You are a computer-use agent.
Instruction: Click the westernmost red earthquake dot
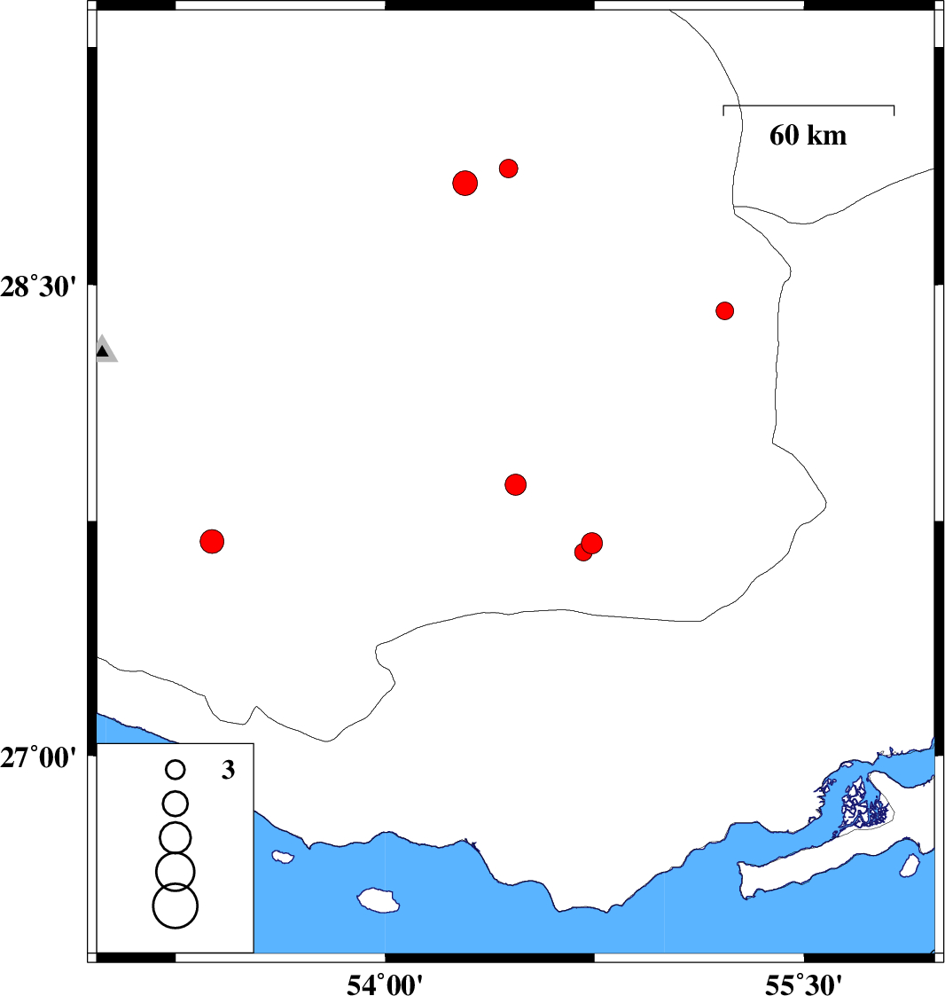pos(212,541)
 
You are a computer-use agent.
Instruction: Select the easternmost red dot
pos(724,310)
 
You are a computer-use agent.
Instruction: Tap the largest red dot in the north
pos(465,183)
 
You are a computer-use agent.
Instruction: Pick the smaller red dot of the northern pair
pos(508,169)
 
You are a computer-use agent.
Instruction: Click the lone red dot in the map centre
pos(516,484)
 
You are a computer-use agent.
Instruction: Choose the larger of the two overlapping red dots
pos(592,543)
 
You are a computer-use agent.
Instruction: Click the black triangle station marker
pos(103,350)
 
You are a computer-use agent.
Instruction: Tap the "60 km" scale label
pos(808,136)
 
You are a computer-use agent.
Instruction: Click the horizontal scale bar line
pos(808,106)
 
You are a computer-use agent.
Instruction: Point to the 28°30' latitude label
pos(38,287)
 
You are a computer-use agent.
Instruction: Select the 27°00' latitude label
pos(38,757)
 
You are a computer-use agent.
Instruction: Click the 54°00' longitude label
pos(385,984)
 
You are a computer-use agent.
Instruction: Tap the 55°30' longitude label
pos(803,984)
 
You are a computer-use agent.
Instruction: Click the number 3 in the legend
pos(228,770)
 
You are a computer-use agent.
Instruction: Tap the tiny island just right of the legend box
pos(283,857)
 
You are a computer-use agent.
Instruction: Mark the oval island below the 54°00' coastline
pos(378,900)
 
